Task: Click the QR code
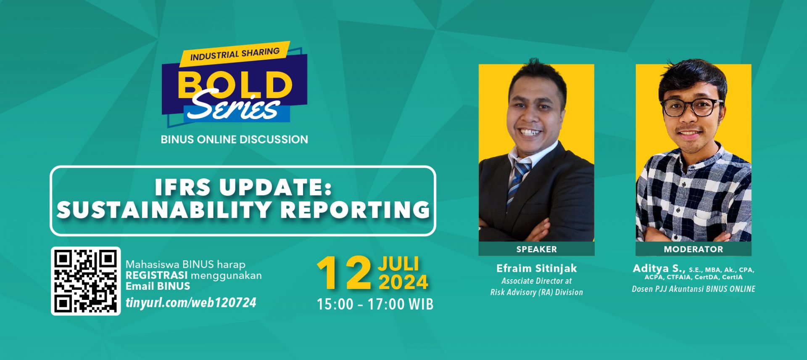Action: (x=86, y=281)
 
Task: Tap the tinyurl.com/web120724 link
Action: (x=191, y=303)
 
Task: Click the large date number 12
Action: (x=344, y=273)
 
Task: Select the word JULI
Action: (x=398, y=264)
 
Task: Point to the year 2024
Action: (x=403, y=282)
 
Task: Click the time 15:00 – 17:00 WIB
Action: (x=375, y=304)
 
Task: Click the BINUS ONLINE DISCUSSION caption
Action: (x=235, y=140)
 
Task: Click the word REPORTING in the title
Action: (x=355, y=209)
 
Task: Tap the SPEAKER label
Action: (x=536, y=249)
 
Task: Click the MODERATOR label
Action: (x=694, y=249)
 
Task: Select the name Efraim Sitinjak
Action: (x=537, y=268)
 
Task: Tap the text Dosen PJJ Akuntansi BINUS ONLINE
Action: (x=694, y=289)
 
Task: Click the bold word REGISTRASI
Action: (x=157, y=275)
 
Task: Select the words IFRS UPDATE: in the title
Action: (x=243, y=187)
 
